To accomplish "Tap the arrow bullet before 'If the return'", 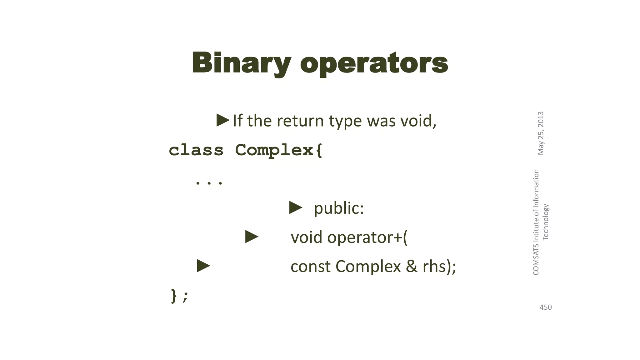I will pos(223,120).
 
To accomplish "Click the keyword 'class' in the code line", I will pos(196,150).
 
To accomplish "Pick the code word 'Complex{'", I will pos(278,150).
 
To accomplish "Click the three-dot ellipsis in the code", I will pos(209,182).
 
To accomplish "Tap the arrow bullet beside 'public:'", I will pos(296,208).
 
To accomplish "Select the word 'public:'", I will pos(339,208).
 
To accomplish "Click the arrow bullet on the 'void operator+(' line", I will pos(252,237).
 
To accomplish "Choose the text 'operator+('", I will pos(367,237).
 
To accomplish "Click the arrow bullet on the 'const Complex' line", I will pos(203,266).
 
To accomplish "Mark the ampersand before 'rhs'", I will pos(412,266).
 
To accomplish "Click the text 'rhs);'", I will pos(439,266).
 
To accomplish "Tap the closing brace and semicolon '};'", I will pos(179,296).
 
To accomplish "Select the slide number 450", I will pos(546,307).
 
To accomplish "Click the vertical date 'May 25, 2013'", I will pos(541,133).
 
